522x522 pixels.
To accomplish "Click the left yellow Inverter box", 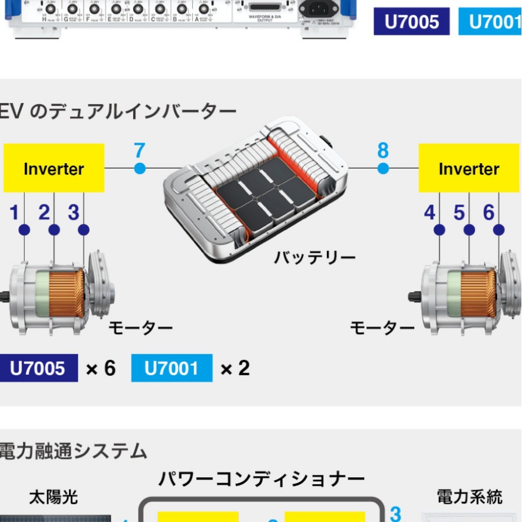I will [54, 169].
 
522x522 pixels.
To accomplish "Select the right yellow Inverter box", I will [469, 169].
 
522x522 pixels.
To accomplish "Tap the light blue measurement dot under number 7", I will [140, 169].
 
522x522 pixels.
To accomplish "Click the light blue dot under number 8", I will [383, 169].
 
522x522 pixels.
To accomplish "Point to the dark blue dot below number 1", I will [24, 230].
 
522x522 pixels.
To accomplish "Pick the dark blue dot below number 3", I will [84, 230].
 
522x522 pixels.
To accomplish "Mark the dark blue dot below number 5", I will [470, 230].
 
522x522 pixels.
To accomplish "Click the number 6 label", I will [488, 212].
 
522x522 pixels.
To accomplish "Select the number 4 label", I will [430, 212].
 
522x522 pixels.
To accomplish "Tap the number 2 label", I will [44, 212].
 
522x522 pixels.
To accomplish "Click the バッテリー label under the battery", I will [314, 257].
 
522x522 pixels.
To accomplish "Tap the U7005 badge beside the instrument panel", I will [411, 22].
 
